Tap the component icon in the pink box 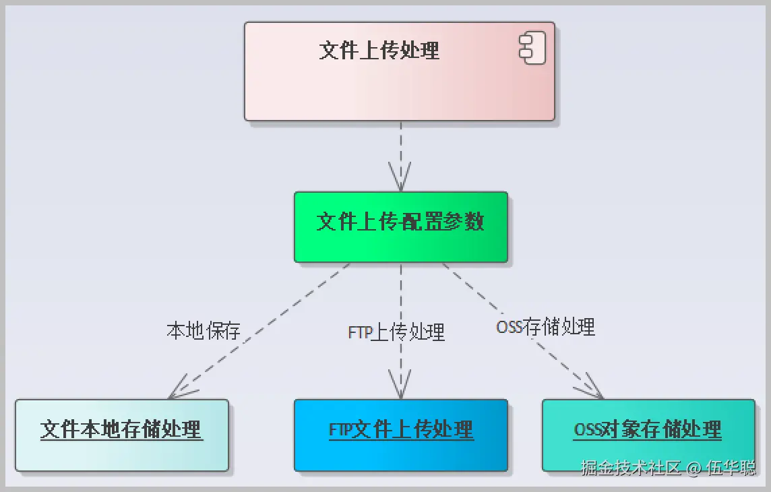coord(531,49)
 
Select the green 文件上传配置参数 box coord(400,227)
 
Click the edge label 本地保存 coord(204,331)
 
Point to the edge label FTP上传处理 coord(396,332)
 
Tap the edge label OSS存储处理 coord(545,328)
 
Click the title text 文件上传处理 coord(379,50)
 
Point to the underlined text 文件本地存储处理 coord(121,429)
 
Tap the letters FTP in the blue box coord(341,430)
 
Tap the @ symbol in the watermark coord(694,468)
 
